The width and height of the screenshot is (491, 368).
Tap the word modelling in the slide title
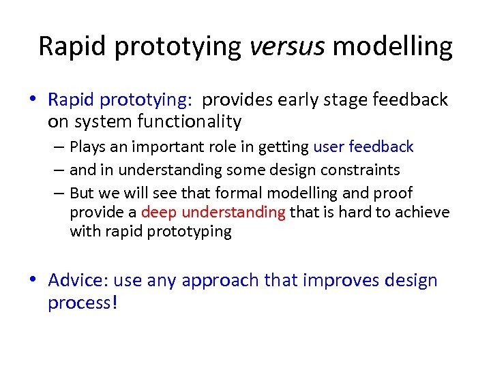pyautogui.click(x=393, y=46)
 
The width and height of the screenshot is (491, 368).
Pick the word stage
pyautogui.click(x=351, y=100)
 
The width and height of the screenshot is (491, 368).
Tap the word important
pyautogui.click(x=161, y=147)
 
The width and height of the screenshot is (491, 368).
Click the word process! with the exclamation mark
pyautogui.click(x=83, y=302)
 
